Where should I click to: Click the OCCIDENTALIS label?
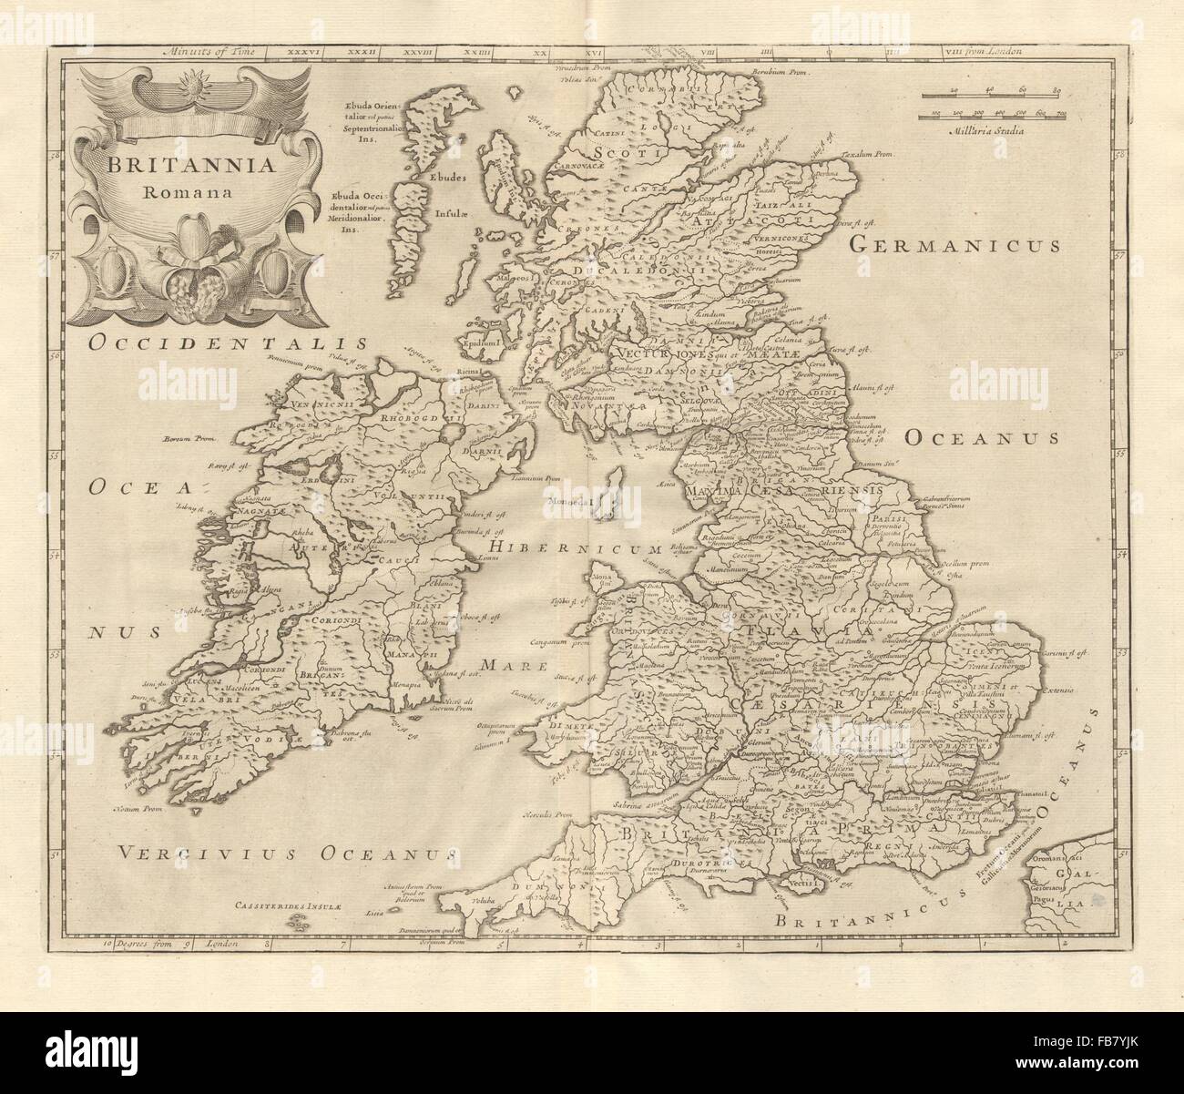[227, 343]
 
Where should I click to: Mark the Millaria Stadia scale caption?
[986, 130]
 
